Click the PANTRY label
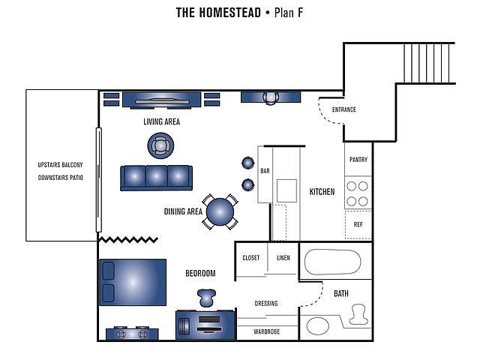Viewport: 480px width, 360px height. click(x=358, y=160)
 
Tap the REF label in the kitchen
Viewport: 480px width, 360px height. click(x=358, y=224)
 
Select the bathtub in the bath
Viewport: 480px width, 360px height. click(x=332, y=262)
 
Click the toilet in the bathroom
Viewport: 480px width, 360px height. click(x=358, y=314)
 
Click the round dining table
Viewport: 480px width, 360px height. click(x=220, y=211)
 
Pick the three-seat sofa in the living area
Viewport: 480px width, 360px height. click(x=157, y=178)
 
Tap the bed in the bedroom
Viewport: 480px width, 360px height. click(x=133, y=282)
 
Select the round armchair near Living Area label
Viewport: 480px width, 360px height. click(x=160, y=145)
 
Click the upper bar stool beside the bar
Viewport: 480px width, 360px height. click(x=248, y=163)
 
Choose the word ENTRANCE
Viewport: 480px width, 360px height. click(x=344, y=109)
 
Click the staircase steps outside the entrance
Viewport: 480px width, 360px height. click(x=428, y=63)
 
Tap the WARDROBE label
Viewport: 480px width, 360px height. click(x=267, y=331)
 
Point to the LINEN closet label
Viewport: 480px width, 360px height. click(x=283, y=258)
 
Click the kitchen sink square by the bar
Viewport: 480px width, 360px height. click(x=286, y=190)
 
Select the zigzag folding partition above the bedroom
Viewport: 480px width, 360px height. click(x=128, y=240)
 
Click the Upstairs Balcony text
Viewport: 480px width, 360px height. click(x=60, y=165)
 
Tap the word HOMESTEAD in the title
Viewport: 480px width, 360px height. click(x=230, y=13)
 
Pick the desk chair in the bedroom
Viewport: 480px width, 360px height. click(x=206, y=298)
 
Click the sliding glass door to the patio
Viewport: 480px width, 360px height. click(x=98, y=180)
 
